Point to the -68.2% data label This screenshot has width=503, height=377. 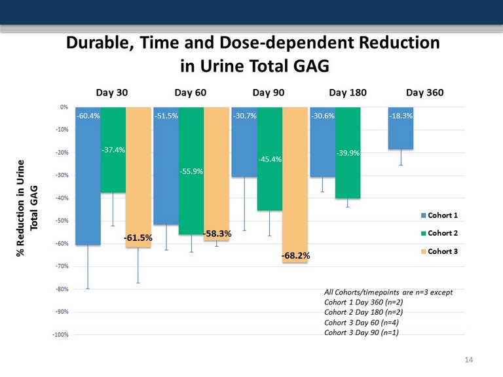[295, 256]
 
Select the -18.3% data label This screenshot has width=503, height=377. [400, 116]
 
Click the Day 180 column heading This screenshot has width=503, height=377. [347, 92]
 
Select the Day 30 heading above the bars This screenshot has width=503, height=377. [113, 92]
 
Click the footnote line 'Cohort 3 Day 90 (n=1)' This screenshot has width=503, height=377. [361, 332]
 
